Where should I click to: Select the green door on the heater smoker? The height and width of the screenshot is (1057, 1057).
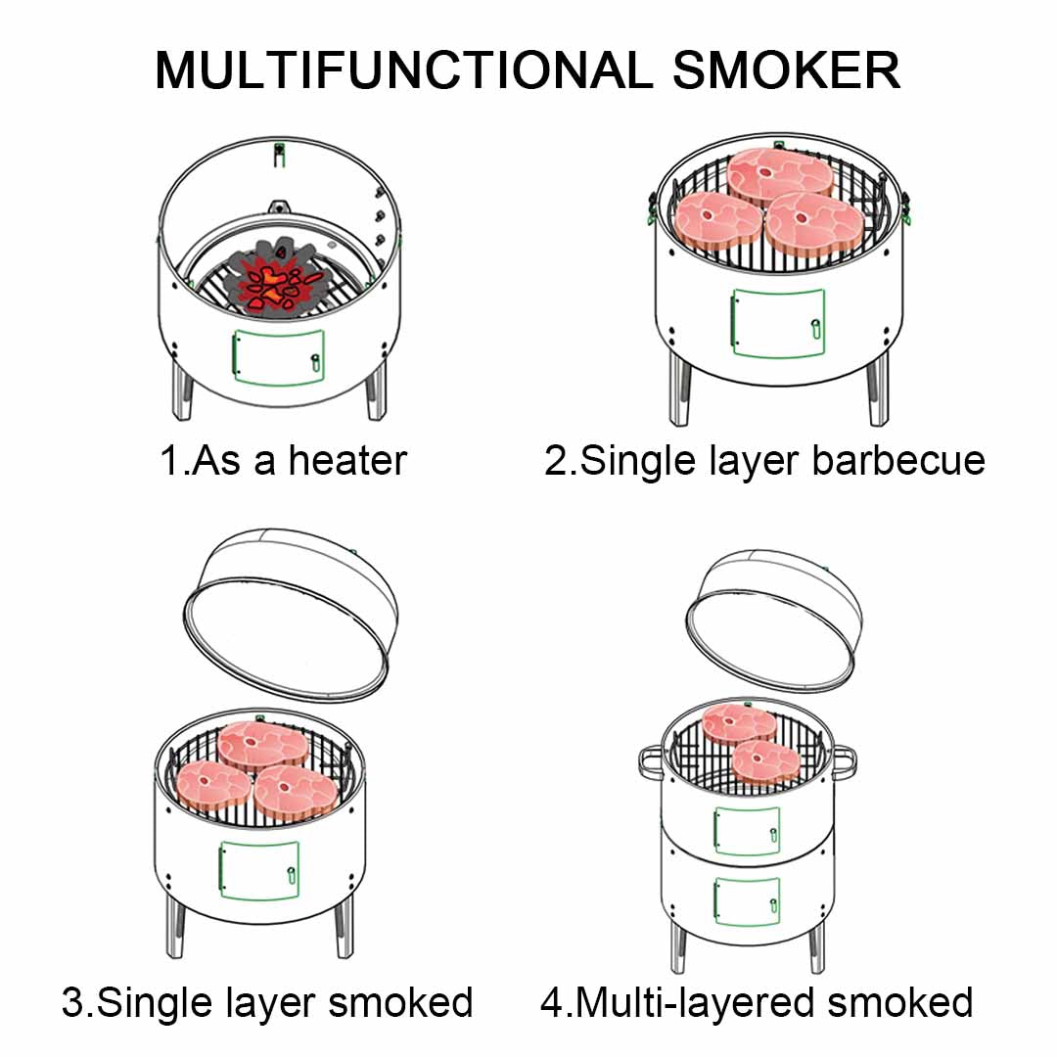click(x=277, y=358)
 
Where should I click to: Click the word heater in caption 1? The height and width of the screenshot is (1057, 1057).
click(x=346, y=460)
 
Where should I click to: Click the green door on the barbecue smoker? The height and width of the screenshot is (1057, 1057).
click(x=777, y=323)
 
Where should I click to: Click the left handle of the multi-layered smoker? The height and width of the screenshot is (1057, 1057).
click(x=648, y=759)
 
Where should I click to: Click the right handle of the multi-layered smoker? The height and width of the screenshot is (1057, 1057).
click(x=844, y=758)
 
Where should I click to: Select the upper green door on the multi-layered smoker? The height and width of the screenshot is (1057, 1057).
click(x=747, y=831)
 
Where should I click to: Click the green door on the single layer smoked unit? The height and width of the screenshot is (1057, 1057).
click(x=259, y=870)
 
